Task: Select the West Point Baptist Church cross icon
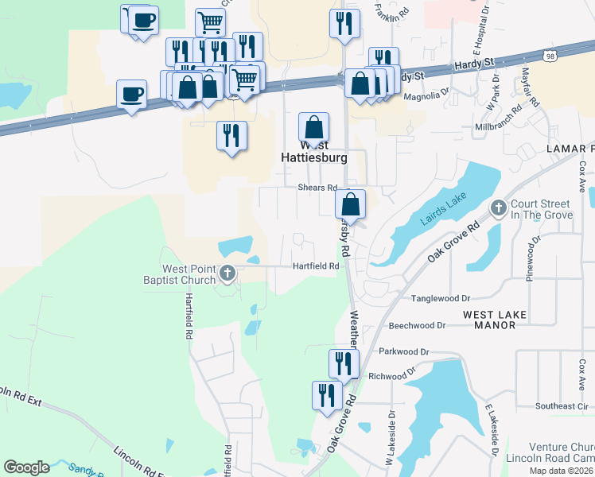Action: pyautogui.click(x=227, y=274)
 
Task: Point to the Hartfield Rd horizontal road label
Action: pyautogui.click(x=316, y=266)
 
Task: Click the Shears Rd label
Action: pyautogui.click(x=317, y=188)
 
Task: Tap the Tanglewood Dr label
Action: pyautogui.click(x=440, y=298)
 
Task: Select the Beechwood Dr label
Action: pyautogui.click(x=418, y=325)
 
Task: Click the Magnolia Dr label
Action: pyautogui.click(x=426, y=96)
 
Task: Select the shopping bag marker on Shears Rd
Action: pyautogui.click(x=351, y=205)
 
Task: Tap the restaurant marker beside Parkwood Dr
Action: pyautogui.click(x=344, y=364)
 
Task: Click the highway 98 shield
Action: pyautogui.click(x=550, y=55)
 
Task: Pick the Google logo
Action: pyautogui.click(x=26, y=467)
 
